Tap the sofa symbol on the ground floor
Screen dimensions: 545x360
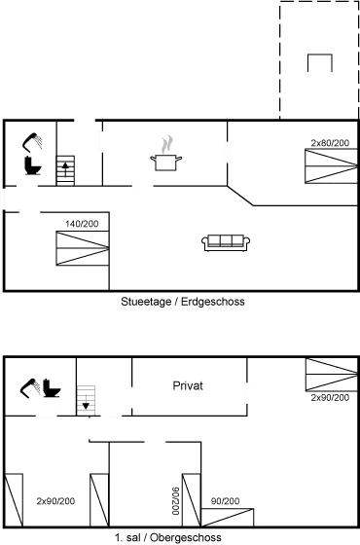pos(225,239)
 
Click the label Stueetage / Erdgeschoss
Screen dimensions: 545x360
pos(182,302)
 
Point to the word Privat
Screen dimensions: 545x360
pos(188,385)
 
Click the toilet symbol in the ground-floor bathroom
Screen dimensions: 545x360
pos(31,165)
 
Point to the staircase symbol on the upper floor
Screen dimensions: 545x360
pos(86,397)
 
